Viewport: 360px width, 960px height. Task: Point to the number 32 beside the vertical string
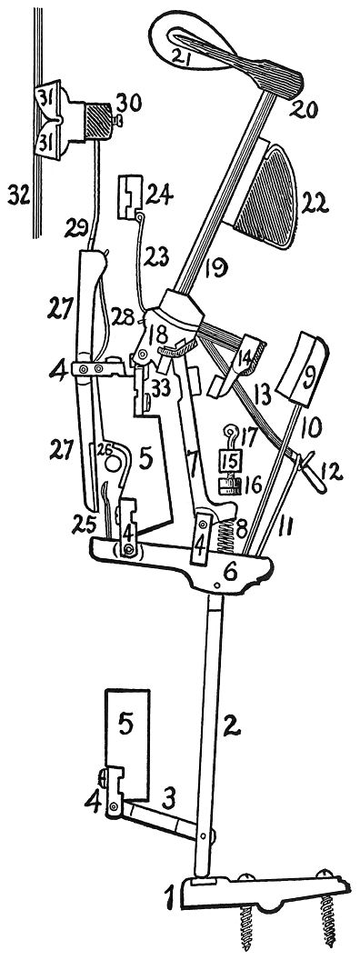pyautogui.click(x=20, y=196)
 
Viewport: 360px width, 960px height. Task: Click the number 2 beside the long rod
pyautogui.click(x=231, y=725)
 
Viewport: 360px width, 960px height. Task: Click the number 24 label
pyautogui.click(x=161, y=196)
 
